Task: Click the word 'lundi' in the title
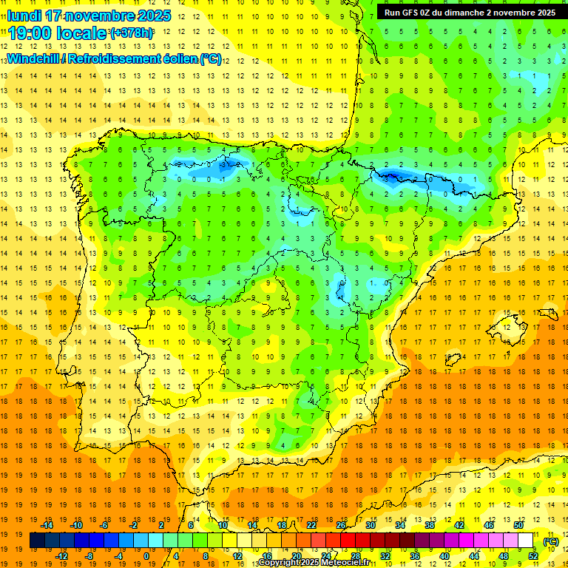(x=24, y=16)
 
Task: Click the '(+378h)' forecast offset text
(x=132, y=33)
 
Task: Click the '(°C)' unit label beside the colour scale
(x=551, y=541)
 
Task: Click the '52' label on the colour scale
(x=532, y=556)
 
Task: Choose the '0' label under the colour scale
(x=146, y=556)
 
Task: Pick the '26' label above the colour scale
(x=341, y=525)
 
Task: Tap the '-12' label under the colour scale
(x=61, y=556)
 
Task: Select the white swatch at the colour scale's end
(x=525, y=541)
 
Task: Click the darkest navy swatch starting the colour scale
(x=37, y=541)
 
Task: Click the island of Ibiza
(x=453, y=360)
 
